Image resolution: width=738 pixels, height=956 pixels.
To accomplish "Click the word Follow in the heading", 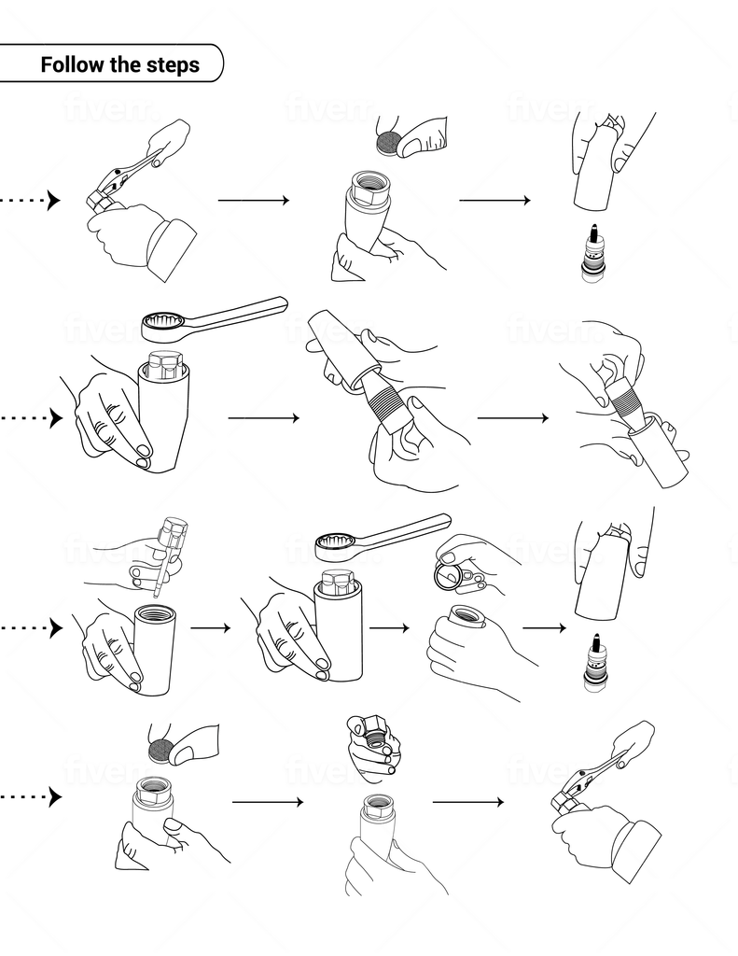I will click(71, 65).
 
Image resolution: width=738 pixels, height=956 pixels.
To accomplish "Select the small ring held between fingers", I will click(448, 575).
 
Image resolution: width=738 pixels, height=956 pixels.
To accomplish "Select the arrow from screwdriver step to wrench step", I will click(210, 628).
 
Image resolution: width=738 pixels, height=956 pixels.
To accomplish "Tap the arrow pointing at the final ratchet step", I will click(466, 801).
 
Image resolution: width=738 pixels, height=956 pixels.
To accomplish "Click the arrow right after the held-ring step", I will click(543, 628).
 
